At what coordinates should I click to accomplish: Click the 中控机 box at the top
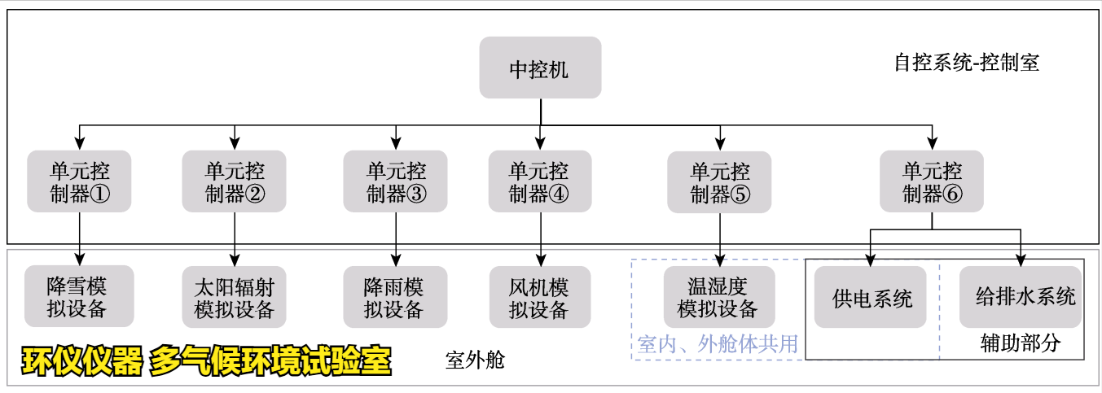pyautogui.click(x=540, y=68)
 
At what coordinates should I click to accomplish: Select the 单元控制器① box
pyautogui.click(x=79, y=181)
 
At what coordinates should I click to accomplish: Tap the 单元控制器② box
pyautogui.click(x=235, y=181)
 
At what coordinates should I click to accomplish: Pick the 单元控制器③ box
pyautogui.click(x=396, y=181)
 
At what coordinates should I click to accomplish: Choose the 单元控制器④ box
pyautogui.click(x=539, y=181)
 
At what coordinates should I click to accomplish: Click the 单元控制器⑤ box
pyautogui.click(x=720, y=181)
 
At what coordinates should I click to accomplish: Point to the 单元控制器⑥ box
pyautogui.click(x=932, y=181)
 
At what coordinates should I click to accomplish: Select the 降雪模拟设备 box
pyautogui.click(x=79, y=297)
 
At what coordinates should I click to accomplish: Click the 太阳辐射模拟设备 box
pyautogui.click(x=235, y=297)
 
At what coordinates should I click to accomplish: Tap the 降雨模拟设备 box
pyautogui.click(x=395, y=297)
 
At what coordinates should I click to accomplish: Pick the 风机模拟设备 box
pyautogui.click(x=539, y=297)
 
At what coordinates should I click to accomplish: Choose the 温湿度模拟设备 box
pyautogui.click(x=719, y=297)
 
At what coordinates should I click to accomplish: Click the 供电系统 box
pyautogui.click(x=871, y=297)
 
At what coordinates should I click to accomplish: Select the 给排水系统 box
pyautogui.click(x=1024, y=297)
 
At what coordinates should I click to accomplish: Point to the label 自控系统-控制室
pyautogui.click(x=966, y=63)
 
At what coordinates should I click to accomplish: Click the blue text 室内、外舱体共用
pyautogui.click(x=718, y=345)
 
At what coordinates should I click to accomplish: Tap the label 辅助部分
pyautogui.click(x=1020, y=343)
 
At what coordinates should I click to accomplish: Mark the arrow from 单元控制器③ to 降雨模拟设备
pyautogui.click(x=396, y=239)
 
